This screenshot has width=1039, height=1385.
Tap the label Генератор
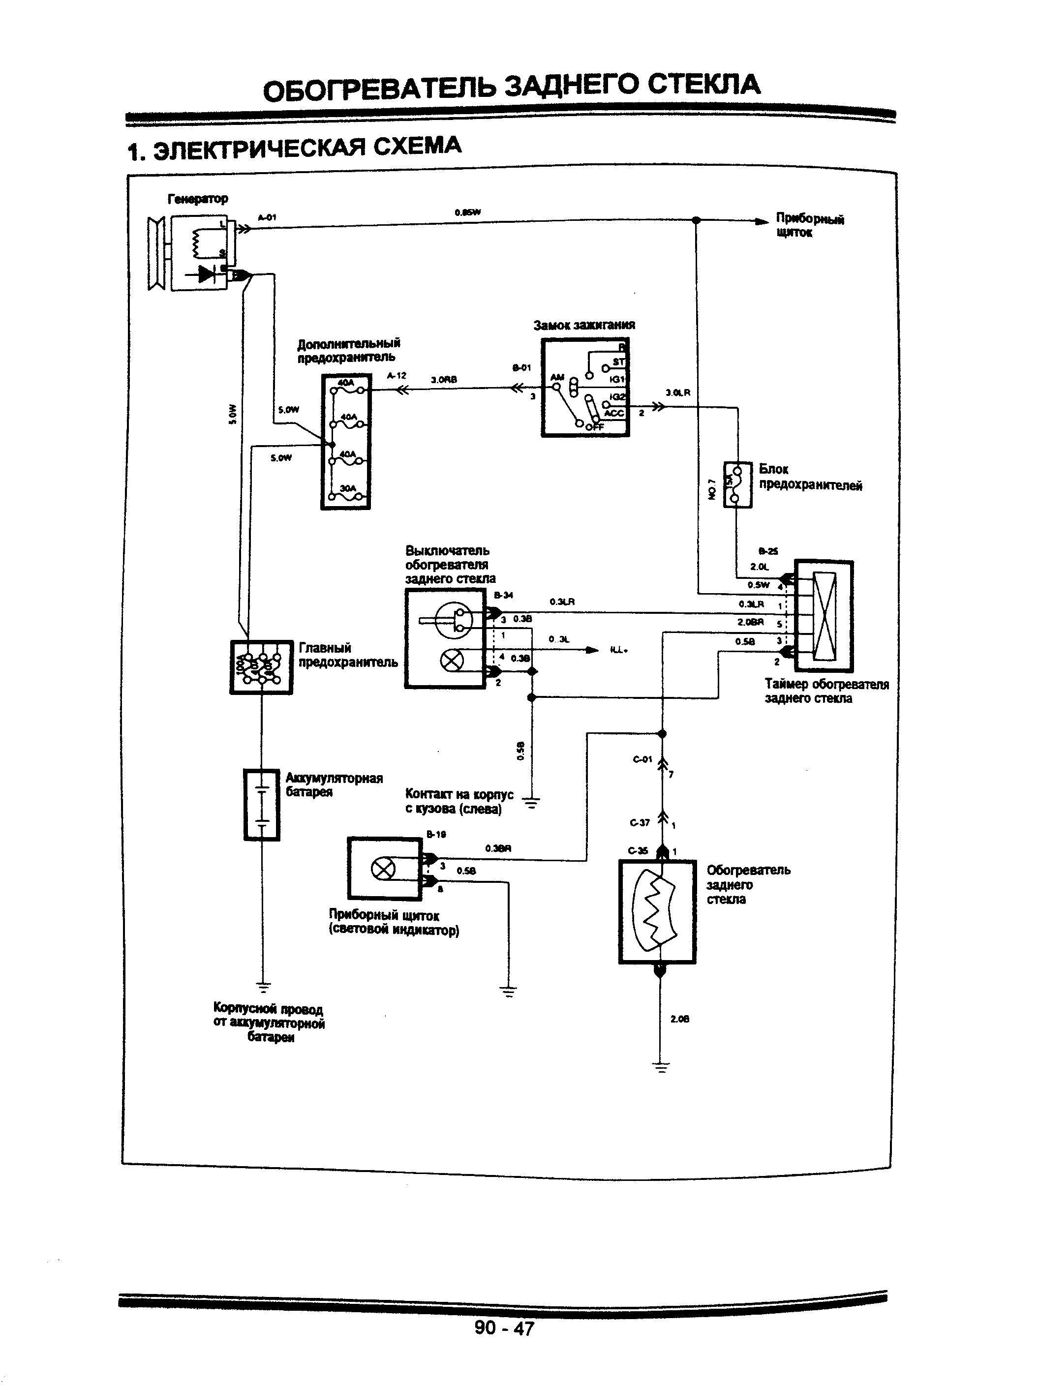198,199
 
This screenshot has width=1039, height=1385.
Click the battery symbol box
262,805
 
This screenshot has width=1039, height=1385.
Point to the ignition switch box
585,388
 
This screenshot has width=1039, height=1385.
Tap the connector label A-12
397,376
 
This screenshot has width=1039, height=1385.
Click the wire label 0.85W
468,212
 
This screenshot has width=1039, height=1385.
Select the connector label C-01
642,759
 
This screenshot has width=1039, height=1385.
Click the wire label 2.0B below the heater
679,1019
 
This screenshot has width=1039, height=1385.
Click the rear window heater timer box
824,615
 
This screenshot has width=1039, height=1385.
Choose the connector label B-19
436,835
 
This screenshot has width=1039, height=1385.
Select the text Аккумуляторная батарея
334,784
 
